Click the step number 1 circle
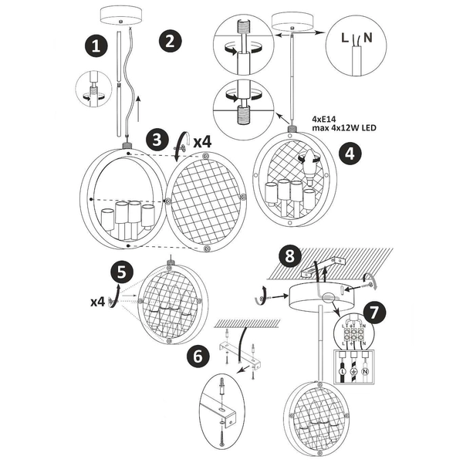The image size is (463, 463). (x=96, y=46)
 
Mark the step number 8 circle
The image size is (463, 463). (x=288, y=255)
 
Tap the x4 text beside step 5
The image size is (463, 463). (x=96, y=302)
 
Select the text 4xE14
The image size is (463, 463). (x=326, y=120)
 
